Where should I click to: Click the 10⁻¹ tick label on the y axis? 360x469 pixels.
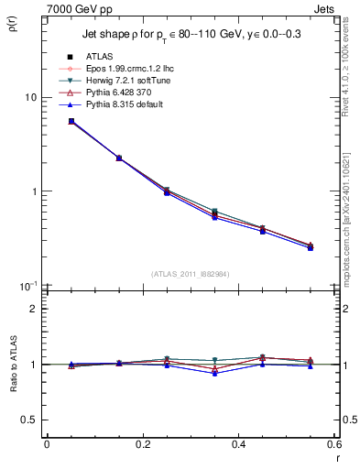pos(31,287)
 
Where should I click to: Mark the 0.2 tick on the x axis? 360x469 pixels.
pos(143,444)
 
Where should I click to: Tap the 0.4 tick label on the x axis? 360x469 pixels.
pos(239,444)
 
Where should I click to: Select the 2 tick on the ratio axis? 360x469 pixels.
pos(36,309)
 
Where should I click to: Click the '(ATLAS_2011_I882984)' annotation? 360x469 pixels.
pos(190,274)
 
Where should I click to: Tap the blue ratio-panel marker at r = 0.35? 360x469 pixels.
pos(214,373)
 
